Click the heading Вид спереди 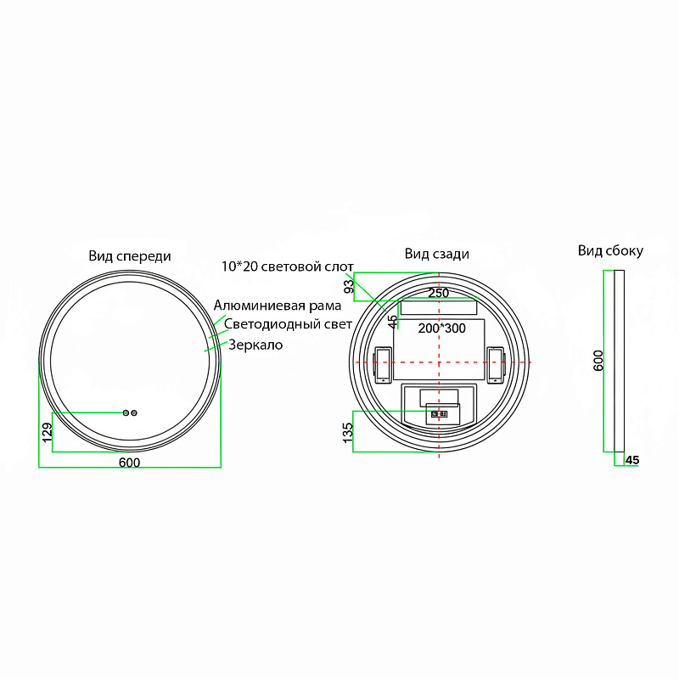point(130,256)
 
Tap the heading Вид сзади point(437,254)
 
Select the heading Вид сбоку point(610,250)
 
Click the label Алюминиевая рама point(278,306)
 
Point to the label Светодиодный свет point(288,324)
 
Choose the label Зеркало point(255,345)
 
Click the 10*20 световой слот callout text point(288,267)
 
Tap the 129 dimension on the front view point(48,433)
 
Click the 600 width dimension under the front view point(130,463)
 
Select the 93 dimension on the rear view point(349,287)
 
